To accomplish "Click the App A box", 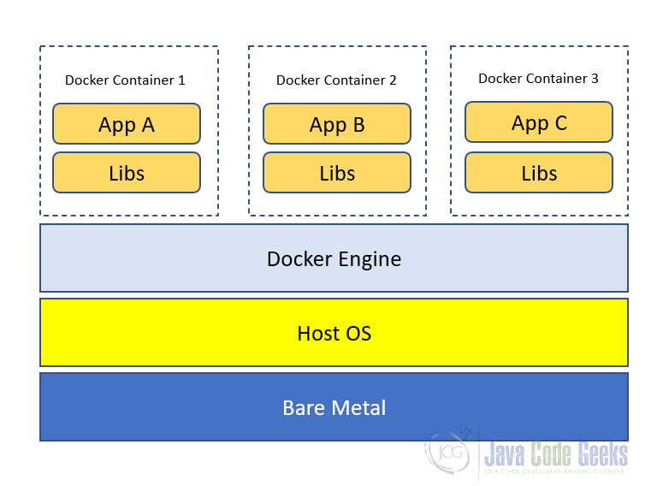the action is pos(127,124).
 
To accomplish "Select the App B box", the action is pos(337,124).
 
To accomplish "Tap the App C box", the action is pos(539,122).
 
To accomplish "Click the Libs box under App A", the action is pos(127,173).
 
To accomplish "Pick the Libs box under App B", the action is pos(337,173).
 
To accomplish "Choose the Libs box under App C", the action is pos(539,173).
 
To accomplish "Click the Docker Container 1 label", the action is pos(125,80).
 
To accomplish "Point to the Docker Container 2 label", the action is pos(336,80).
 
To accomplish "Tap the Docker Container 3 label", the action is pos(538,78).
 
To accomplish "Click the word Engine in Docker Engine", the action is pos(370,260).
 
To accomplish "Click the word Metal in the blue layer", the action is pos(358,407).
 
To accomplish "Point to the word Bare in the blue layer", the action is pos(304,407).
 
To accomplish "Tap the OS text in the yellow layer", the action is pos(358,334).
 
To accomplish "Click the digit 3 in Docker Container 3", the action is pos(595,78).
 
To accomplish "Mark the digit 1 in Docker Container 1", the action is pos(181,80).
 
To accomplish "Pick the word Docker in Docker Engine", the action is pos(299,259).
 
